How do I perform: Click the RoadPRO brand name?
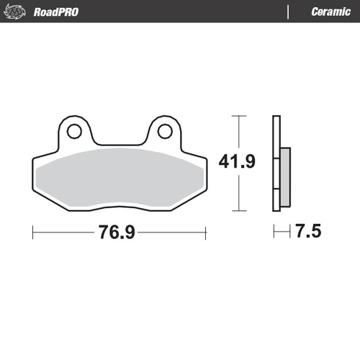56,12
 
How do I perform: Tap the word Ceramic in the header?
330,12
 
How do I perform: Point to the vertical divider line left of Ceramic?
288,12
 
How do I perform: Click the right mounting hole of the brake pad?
164,131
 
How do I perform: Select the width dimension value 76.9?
120,232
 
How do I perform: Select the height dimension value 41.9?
238,161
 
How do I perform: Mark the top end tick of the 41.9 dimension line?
238,115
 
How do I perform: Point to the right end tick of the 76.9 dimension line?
206,232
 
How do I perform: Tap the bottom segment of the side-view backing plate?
275,202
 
